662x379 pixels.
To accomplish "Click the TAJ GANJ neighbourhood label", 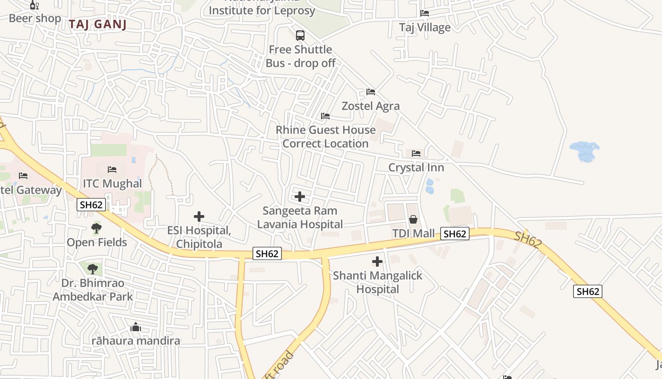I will click(x=97, y=25).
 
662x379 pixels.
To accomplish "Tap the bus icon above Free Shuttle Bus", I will click(x=300, y=36).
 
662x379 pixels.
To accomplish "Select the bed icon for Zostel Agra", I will click(x=371, y=91).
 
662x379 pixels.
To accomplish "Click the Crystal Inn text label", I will click(x=416, y=168).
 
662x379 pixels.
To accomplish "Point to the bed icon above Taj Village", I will click(x=425, y=13).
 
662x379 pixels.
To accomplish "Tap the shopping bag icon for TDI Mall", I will click(x=413, y=219).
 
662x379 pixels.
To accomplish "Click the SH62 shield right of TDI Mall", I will click(x=455, y=234).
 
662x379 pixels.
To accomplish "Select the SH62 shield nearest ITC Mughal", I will click(x=91, y=205).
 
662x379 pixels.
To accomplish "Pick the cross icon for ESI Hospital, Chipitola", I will click(x=199, y=217).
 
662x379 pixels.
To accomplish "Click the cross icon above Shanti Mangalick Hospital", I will click(x=377, y=261).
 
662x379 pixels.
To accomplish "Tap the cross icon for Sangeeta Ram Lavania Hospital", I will click(x=300, y=196).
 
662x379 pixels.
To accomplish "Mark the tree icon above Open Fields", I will click(x=96, y=228).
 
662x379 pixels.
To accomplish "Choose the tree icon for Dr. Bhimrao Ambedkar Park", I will click(x=93, y=269).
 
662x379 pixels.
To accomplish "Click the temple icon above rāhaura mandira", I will click(x=136, y=327).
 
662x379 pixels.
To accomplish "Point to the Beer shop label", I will click(x=35, y=18).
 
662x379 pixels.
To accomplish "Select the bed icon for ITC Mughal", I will click(x=112, y=169).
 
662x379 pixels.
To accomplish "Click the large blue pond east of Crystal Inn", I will click(x=585, y=151).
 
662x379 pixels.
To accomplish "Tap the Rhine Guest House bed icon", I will click(x=325, y=116).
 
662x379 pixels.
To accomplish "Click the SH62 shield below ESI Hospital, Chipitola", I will click(x=267, y=253).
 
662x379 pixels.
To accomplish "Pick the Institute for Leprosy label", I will click(x=262, y=9).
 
